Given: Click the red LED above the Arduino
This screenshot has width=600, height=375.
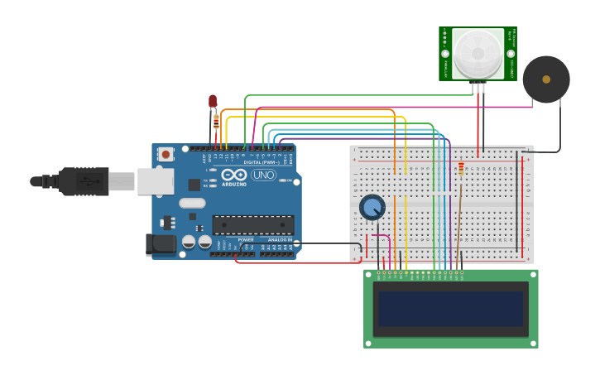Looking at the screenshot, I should pos(213,101).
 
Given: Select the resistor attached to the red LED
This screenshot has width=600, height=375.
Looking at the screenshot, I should pos(217,122).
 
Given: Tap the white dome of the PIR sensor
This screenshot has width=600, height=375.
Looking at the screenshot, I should pos(478,53).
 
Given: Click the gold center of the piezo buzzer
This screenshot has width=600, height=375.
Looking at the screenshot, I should pos(546,79).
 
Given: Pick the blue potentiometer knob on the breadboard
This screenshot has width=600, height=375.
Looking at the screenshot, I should pos(372,206).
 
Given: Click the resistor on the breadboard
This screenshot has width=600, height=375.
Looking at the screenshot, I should pos(461,170).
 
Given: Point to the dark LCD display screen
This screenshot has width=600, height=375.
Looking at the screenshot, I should pos(450,308).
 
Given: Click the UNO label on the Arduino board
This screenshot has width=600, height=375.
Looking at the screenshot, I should pos(263,175).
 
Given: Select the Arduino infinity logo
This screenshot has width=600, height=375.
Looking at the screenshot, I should pos(233,175).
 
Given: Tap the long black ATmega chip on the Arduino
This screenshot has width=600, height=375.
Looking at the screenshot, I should pos(253,224).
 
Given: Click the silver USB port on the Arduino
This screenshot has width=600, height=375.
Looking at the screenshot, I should pos(155,181).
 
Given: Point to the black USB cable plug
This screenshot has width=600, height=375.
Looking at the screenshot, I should pos(84,181).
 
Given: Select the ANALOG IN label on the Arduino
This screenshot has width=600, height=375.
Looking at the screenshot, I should pos(279,239).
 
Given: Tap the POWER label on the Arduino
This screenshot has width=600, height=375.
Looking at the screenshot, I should pos(246,239).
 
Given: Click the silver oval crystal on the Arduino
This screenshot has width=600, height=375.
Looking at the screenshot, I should pos(192,203).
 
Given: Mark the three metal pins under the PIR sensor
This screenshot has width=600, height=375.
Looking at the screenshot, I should pos(478,87).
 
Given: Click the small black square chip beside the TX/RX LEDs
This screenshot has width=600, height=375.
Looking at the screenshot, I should pos(194,185).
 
